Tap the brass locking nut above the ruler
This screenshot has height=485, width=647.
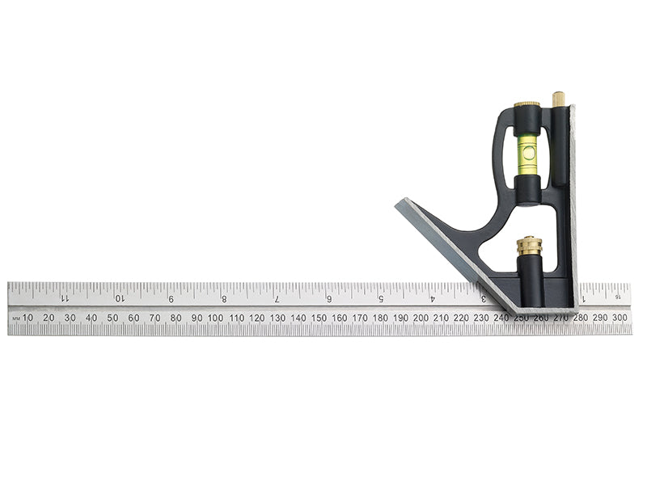(x=529, y=246)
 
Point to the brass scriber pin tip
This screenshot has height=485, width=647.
(x=557, y=98)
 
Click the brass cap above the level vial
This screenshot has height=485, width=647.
(x=527, y=108)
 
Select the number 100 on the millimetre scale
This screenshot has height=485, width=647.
(x=215, y=318)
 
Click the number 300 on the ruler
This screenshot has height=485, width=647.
(x=620, y=318)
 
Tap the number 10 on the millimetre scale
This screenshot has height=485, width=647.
(x=27, y=318)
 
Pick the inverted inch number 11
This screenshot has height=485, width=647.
(x=65, y=298)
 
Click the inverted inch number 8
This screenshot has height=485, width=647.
(x=224, y=298)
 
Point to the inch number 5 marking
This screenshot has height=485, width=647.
(x=381, y=298)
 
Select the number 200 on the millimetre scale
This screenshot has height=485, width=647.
(x=421, y=318)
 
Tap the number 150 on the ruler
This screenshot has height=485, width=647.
(x=318, y=318)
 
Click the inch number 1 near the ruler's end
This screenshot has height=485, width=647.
(x=584, y=298)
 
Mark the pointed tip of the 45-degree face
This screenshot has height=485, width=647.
(x=398, y=204)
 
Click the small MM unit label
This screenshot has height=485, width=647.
(x=15, y=318)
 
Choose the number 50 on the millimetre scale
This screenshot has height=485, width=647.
(x=112, y=318)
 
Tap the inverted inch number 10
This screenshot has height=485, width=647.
(x=119, y=298)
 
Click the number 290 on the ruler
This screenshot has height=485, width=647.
(x=599, y=318)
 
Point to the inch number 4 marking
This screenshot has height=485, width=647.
(x=433, y=298)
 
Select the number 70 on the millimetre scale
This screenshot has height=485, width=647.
(x=154, y=318)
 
